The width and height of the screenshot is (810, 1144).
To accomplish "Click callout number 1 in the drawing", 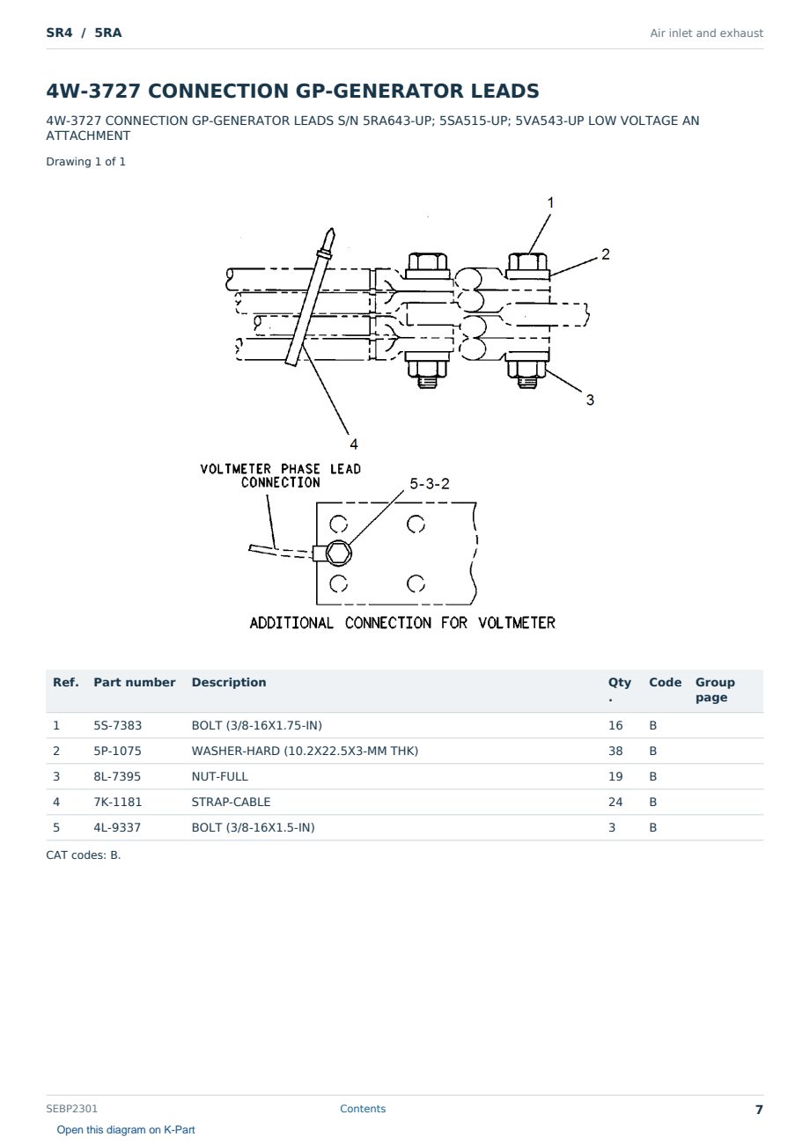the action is click(550, 202).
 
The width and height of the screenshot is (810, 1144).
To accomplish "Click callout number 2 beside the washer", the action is click(606, 254).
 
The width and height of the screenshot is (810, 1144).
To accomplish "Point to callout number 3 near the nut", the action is click(590, 400).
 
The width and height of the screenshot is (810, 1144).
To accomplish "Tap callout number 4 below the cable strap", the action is click(354, 444).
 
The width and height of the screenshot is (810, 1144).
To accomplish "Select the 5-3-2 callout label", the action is click(430, 484).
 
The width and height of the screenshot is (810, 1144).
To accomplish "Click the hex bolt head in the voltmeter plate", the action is click(338, 553).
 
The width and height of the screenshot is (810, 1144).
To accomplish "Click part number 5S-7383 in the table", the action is click(118, 725).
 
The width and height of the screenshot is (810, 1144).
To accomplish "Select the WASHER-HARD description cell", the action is click(305, 751).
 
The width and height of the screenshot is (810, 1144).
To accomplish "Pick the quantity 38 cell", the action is click(615, 751).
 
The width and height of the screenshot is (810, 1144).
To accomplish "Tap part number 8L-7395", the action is click(117, 776).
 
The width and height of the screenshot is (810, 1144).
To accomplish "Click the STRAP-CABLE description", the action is click(231, 802).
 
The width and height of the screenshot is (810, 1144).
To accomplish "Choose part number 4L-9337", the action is click(117, 827).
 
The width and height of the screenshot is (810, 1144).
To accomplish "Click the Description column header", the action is click(229, 682).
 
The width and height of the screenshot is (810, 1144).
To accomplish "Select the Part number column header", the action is click(135, 682).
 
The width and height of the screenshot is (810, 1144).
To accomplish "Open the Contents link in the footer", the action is click(363, 1108).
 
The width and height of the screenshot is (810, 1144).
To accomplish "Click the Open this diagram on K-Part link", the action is click(126, 1130).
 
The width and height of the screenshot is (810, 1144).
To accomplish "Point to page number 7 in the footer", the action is click(759, 1110).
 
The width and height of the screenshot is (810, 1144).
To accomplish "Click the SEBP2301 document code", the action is click(71, 1108).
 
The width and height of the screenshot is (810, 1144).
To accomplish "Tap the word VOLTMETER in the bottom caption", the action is click(517, 622).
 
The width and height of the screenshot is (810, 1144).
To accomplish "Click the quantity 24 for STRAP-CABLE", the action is click(615, 802).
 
